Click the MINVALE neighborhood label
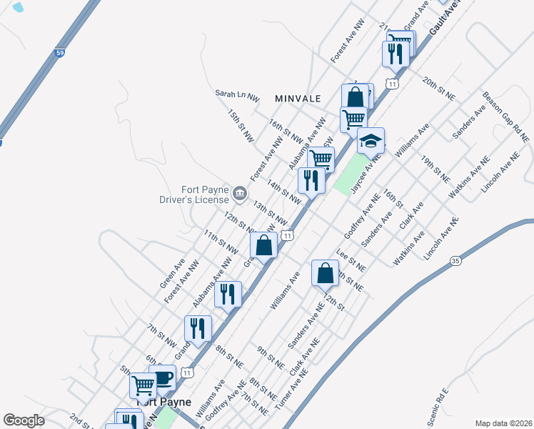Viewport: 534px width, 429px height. pos(298,98)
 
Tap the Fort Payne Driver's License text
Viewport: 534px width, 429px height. pos(204,194)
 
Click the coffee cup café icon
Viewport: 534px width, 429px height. pos(163,378)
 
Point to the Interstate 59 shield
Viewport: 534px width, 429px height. pos(61,52)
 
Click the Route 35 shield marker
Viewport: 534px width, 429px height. pos(456,262)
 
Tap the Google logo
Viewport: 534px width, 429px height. pos(24,420)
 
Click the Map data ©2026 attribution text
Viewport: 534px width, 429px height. pos(503,423)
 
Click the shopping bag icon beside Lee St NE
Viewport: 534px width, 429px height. pos(325,272)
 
